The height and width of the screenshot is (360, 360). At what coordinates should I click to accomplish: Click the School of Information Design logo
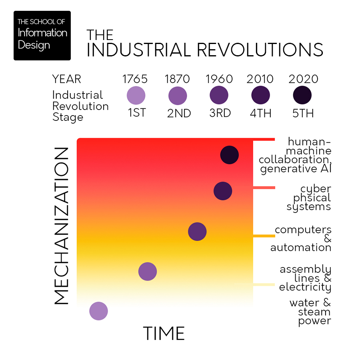pyautogui.click(x=42, y=36)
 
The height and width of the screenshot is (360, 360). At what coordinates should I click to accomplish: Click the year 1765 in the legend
pyautogui.click(x=135, y=79)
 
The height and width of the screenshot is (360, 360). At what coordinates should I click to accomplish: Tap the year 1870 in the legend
pyautogui.click(x=177, y=79)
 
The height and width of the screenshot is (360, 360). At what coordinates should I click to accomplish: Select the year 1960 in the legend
pyautogui.click(x=219, y=79)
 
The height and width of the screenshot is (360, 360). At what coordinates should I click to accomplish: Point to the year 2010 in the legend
pyautogui.click(x=260, y=79)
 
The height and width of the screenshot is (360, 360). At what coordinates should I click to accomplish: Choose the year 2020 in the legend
pyautogui.click(x=303, y=79)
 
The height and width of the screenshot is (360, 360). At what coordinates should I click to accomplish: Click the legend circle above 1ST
pyautogui.click(x=136, y=96)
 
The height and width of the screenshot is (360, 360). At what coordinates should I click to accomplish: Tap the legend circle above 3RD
pyautogui.click(x=219, y=96)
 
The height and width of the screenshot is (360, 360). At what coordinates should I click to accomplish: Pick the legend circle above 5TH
pyautogui.click(x=302, y=96)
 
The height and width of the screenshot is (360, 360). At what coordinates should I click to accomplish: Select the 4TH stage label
pyautogui.click(x=261, y=113)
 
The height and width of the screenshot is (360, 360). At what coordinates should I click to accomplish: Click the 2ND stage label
pyautogui.click(x=179, y=113)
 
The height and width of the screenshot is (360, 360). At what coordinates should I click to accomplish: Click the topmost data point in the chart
pyautogui.click(x=230, y=155)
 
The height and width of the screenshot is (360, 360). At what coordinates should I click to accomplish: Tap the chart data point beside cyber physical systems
pyautogui.click(x=223, y=191)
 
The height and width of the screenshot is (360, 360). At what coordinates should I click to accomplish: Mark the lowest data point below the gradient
pyautogui.click(x=98, y=311)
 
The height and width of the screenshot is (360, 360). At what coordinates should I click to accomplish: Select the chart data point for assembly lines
pyautogui.click(x=148, y=272)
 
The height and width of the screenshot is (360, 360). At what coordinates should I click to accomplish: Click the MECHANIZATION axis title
pyautogui.click(x=61, y=226)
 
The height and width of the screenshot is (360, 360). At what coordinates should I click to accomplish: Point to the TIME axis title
pyautogui.click(x=164, y=333)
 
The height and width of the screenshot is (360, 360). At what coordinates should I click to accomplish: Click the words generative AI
pyautogui.click(x=296, y=169)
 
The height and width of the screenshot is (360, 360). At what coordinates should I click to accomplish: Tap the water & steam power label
pyautogui.click(x=311, y=312)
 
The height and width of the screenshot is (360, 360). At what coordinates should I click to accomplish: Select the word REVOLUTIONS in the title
pyautogui.click(x=260, y=50)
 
